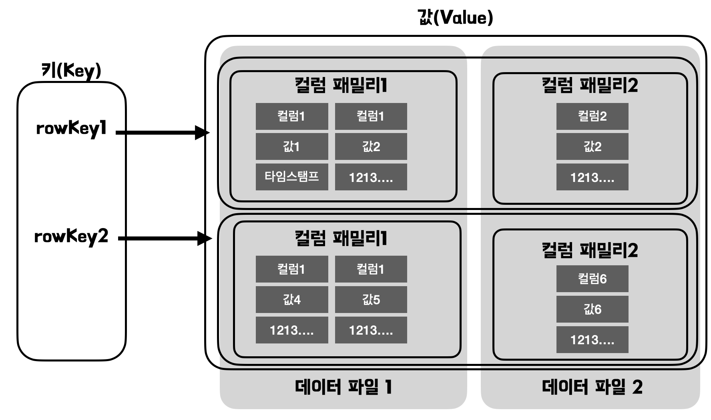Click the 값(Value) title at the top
455,18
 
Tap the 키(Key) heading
71,71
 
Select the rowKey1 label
71,129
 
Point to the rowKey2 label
71,237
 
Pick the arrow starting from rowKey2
164,239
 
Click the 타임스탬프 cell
292,177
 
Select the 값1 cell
292,147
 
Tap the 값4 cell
292,299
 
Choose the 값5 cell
371,299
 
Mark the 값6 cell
592,309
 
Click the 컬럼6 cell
592,279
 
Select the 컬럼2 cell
592,116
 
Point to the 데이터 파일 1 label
343,387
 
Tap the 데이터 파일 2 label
592,387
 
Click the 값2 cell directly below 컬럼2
592,147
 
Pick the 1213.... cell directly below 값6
592,340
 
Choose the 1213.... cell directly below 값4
292,330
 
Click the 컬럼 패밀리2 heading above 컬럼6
590,250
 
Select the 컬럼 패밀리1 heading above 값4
341,238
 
